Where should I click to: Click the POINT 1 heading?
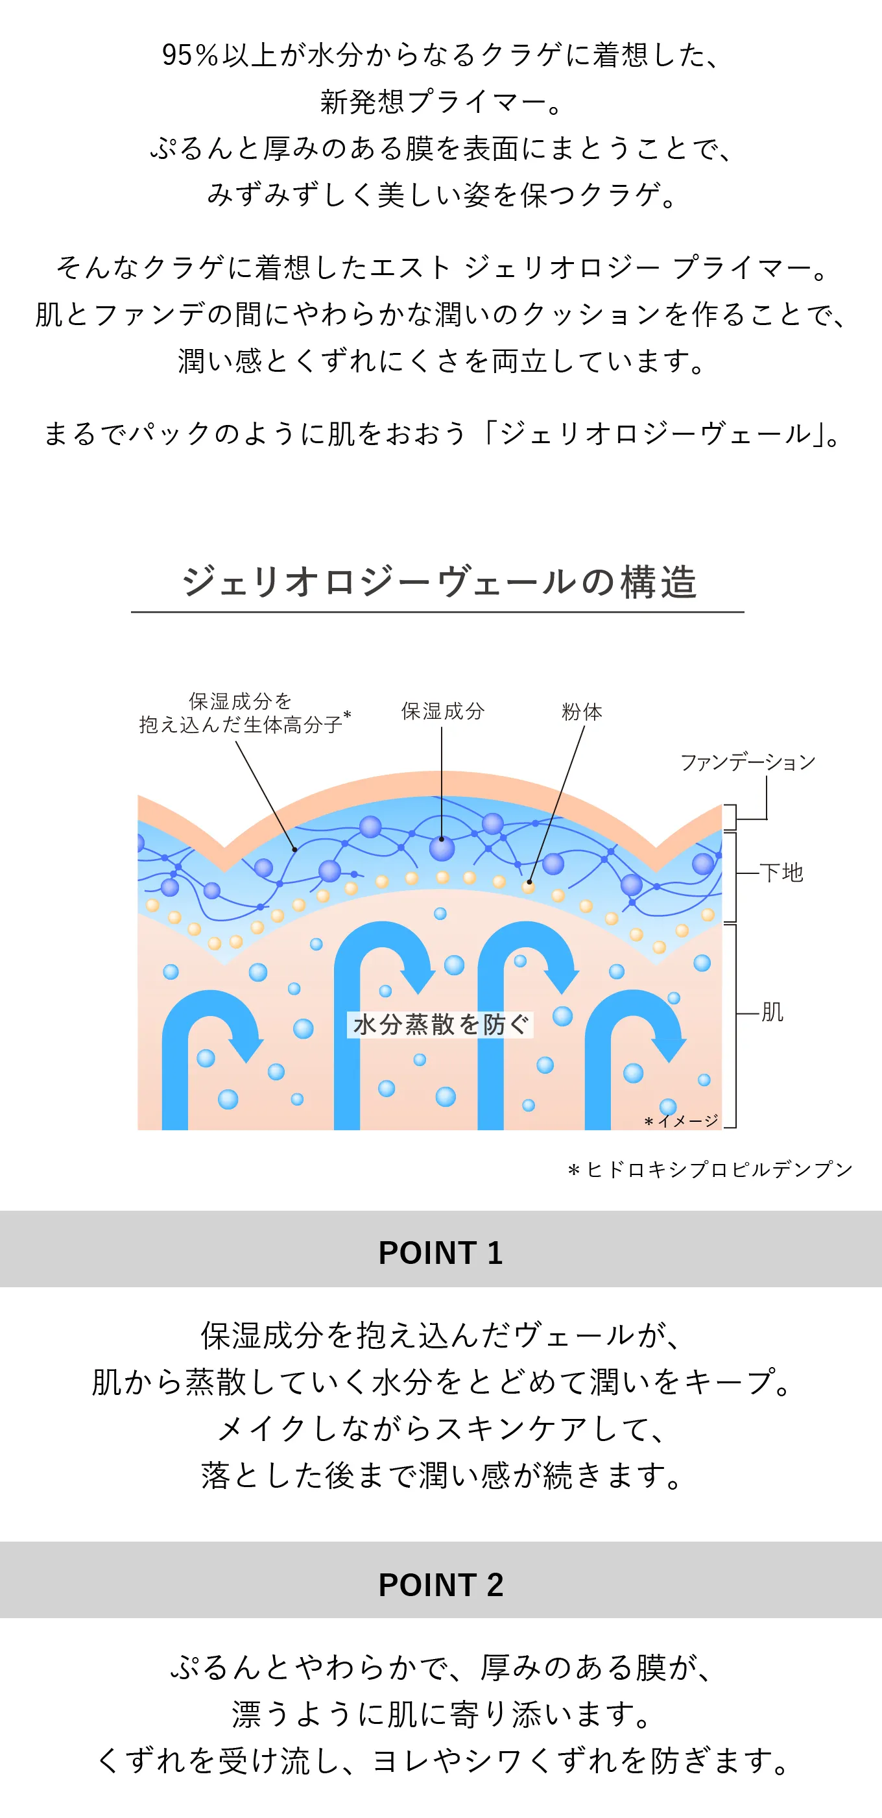(441, 1253)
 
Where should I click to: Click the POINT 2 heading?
(441, 1584)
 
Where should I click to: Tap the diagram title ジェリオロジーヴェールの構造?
(439, 582)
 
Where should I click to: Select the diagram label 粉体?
(582, 711)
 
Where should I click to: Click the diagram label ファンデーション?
(747, 762)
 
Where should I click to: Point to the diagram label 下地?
(782, 872)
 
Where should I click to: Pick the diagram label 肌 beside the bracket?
(772, 1012)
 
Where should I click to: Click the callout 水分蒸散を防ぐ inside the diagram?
(440, 1024)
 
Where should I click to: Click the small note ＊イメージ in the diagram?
(681, 1121)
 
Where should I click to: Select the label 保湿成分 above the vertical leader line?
(442, 710)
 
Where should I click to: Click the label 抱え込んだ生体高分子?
(241, 725)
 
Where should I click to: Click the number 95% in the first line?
(191, 55)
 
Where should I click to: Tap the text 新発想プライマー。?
(441, 102)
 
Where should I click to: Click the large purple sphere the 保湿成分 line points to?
(442, 847)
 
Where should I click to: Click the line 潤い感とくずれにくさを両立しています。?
(441, 361)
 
